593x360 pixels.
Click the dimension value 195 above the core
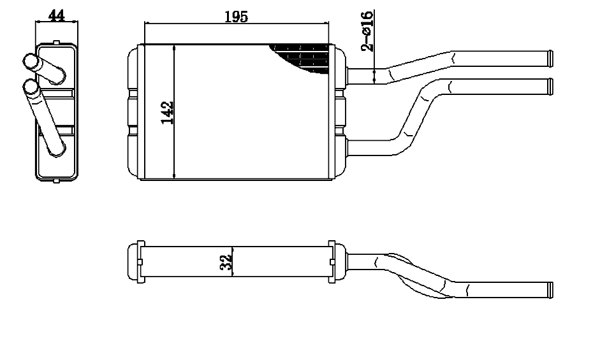(237, 17)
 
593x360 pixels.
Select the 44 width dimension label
(56, 15)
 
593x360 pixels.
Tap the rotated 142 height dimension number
(167, 113)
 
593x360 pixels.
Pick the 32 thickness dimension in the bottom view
(226, 263)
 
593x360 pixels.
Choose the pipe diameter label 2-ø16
(367, 31)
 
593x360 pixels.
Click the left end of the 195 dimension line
(145, 24)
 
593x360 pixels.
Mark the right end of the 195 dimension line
(328, 24)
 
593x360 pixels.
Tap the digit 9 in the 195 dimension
(237, 17)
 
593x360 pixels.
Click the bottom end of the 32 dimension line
(232, 276)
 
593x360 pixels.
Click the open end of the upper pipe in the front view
(550, 59)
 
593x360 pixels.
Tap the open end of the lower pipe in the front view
(550, 87)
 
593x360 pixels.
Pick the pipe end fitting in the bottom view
(550, 290)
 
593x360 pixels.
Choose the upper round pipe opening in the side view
(30, 62)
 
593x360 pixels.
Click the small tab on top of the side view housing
(56, 43)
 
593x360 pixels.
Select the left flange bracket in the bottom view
(140, 262)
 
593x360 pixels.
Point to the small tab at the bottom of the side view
(56, 181)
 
